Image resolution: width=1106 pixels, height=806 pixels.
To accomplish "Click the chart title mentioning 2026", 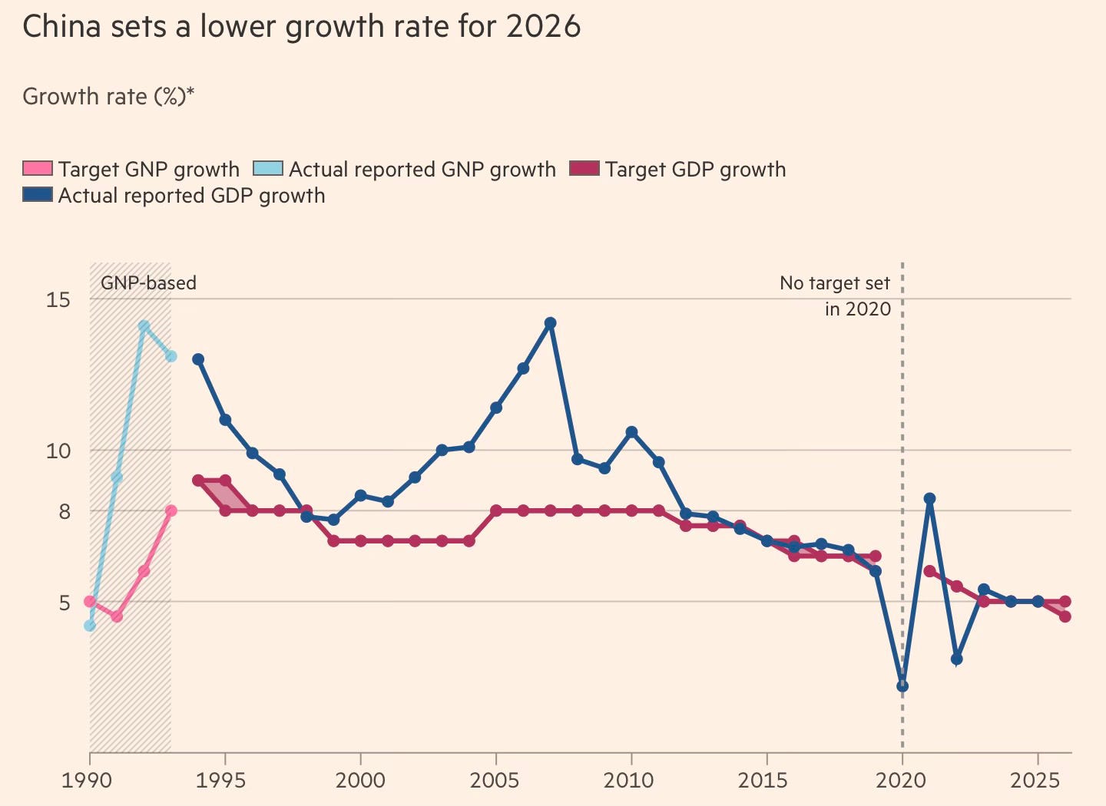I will [301, 27].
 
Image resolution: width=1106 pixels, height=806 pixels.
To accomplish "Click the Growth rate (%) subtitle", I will [108, 97].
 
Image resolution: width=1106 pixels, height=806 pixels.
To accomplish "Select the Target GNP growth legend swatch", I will [38, 169].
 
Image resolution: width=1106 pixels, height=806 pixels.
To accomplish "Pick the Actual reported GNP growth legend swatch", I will [268, 169].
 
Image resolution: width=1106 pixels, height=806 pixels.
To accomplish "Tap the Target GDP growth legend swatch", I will [584, 169].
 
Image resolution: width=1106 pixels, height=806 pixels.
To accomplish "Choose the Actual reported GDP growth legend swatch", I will [38, 195].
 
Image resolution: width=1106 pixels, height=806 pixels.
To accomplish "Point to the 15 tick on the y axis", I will [58, 299].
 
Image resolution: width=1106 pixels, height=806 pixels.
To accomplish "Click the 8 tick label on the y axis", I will [64, 511].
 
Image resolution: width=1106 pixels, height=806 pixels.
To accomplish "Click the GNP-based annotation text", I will [148, 283].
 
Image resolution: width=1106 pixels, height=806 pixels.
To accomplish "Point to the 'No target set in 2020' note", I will [836, 296].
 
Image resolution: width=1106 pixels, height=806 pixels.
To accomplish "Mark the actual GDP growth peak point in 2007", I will [550, 323].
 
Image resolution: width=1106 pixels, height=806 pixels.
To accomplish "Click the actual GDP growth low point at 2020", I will [902, 685].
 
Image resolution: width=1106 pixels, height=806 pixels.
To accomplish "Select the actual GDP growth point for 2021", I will [929, 498].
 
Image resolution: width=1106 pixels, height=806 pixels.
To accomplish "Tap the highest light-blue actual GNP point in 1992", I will [144, 325].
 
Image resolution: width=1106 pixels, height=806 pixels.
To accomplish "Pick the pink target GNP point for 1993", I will [171, 510].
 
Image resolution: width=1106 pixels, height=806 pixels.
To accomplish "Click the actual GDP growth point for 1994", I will [198, 359].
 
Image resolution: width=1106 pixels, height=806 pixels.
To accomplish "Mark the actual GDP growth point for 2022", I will [956, 659].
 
